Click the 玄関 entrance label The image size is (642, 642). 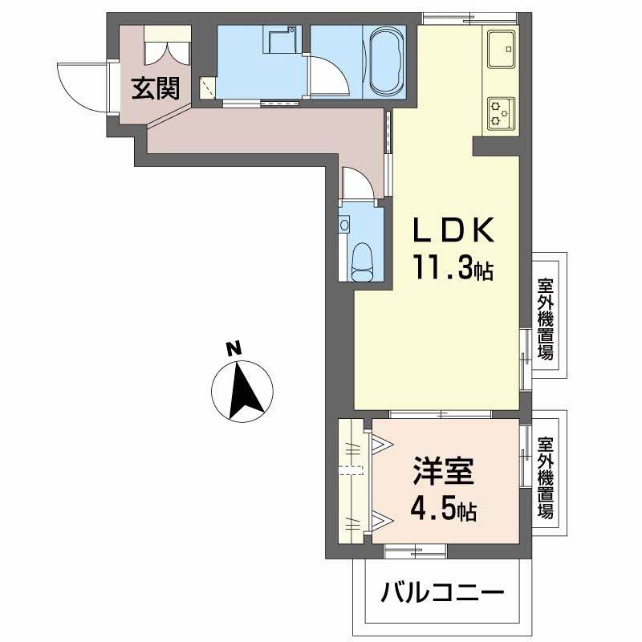click(155, 87)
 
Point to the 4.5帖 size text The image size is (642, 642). click(444, 509)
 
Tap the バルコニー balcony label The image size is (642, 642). click(443, 595)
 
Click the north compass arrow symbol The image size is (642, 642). click(242, 391)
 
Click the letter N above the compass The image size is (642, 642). click(232, 348)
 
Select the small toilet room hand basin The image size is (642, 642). click(344, 224)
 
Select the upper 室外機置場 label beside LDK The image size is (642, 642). click(546, 319)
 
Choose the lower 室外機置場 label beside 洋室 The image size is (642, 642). click(546, 477)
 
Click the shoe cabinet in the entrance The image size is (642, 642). click(167, 47)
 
